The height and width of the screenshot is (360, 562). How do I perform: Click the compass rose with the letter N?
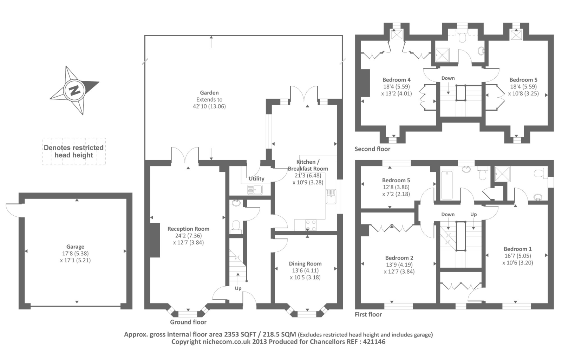pos(74,90)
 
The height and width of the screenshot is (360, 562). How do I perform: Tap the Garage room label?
pos(75,247)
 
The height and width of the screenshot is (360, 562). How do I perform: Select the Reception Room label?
pos(188,229)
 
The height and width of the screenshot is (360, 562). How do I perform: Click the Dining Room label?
pos(305,264)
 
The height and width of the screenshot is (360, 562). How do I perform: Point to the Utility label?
pos(256,178)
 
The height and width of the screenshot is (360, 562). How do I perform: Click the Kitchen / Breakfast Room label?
pos(308,165)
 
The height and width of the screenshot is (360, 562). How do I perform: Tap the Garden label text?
pos(209,93)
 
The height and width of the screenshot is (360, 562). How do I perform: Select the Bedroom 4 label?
pos(396,80)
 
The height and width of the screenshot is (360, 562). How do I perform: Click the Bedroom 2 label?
pos(399,258)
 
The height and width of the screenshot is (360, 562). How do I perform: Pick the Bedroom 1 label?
pos(517,249)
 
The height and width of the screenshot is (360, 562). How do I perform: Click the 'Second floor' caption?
pos(372,149)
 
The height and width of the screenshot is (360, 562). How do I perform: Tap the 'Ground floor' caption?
pos(188,322)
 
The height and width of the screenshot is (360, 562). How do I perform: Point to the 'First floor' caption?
pos(368,314)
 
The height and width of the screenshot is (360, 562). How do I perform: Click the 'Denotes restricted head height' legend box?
pos(74,151)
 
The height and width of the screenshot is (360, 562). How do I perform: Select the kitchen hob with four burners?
pos(311,224)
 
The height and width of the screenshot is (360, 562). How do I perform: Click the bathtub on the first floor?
pos(447,185)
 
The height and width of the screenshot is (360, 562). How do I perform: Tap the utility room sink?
pos(255,190)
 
